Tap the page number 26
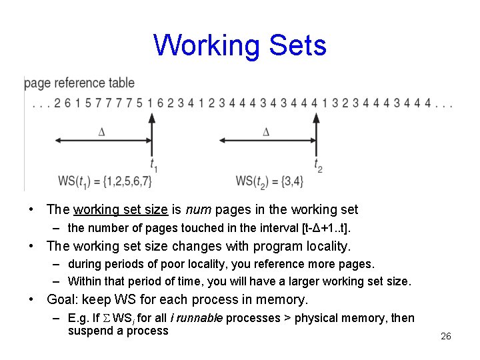[x=446, y=336]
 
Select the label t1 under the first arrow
[x=153, y=164]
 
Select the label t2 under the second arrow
[x=318, y=164]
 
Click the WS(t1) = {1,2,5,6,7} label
[x=105, y=181]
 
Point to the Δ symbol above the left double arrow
[x=102, y=132]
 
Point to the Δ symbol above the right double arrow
[x=266, y=132]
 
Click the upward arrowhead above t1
[x=152, y=118]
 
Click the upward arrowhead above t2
[x=317, y=118]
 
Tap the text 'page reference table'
[x=79, y=83]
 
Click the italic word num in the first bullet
[x=198, y=210]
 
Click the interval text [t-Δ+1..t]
[x=326, y=228]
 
